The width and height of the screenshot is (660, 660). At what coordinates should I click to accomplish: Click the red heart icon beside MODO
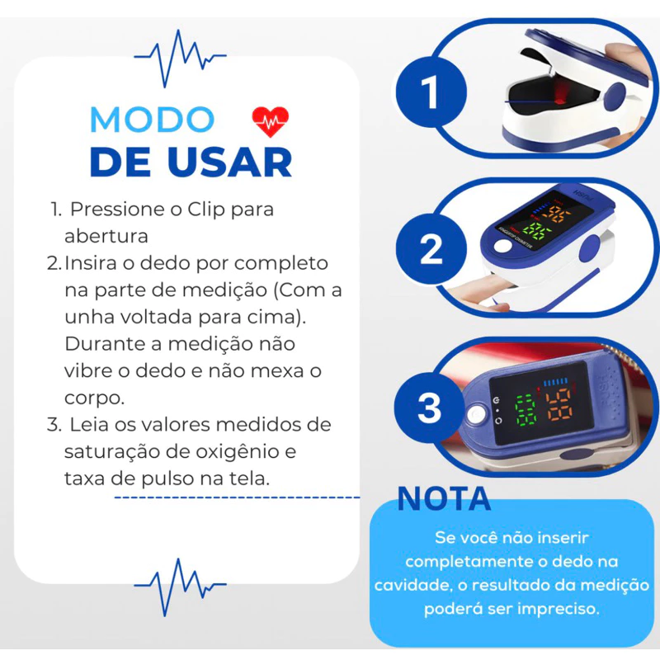[x=271, y=121]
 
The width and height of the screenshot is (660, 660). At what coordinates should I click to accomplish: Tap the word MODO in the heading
[x=152, y=120]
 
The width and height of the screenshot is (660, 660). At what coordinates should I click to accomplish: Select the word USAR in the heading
[x=229, y=162]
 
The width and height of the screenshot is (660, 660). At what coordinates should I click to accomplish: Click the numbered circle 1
[x=431, y=92]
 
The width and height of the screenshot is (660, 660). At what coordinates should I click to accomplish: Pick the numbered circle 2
[x=431, y=249]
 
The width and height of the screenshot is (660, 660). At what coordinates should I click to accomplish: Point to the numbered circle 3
[x=429, y=408]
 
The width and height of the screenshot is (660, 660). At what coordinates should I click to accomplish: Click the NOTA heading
[x=444, y=499]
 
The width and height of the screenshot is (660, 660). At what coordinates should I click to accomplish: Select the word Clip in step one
[x=206, y=210]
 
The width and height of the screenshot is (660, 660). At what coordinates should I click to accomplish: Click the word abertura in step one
[x=106, y=236]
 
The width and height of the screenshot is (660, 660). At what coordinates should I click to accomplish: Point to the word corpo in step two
[x=94, y=398]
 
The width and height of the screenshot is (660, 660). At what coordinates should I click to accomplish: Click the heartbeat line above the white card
[x=180, y=58]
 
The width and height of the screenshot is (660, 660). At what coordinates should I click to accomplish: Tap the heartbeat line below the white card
[x=180, y=587]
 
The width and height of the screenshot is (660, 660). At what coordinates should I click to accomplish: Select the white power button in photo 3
[x=476, y=415]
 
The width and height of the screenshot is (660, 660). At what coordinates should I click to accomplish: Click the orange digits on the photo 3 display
[x=559, y=404]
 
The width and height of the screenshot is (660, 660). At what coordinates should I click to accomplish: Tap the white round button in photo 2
[x=502, y=246]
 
